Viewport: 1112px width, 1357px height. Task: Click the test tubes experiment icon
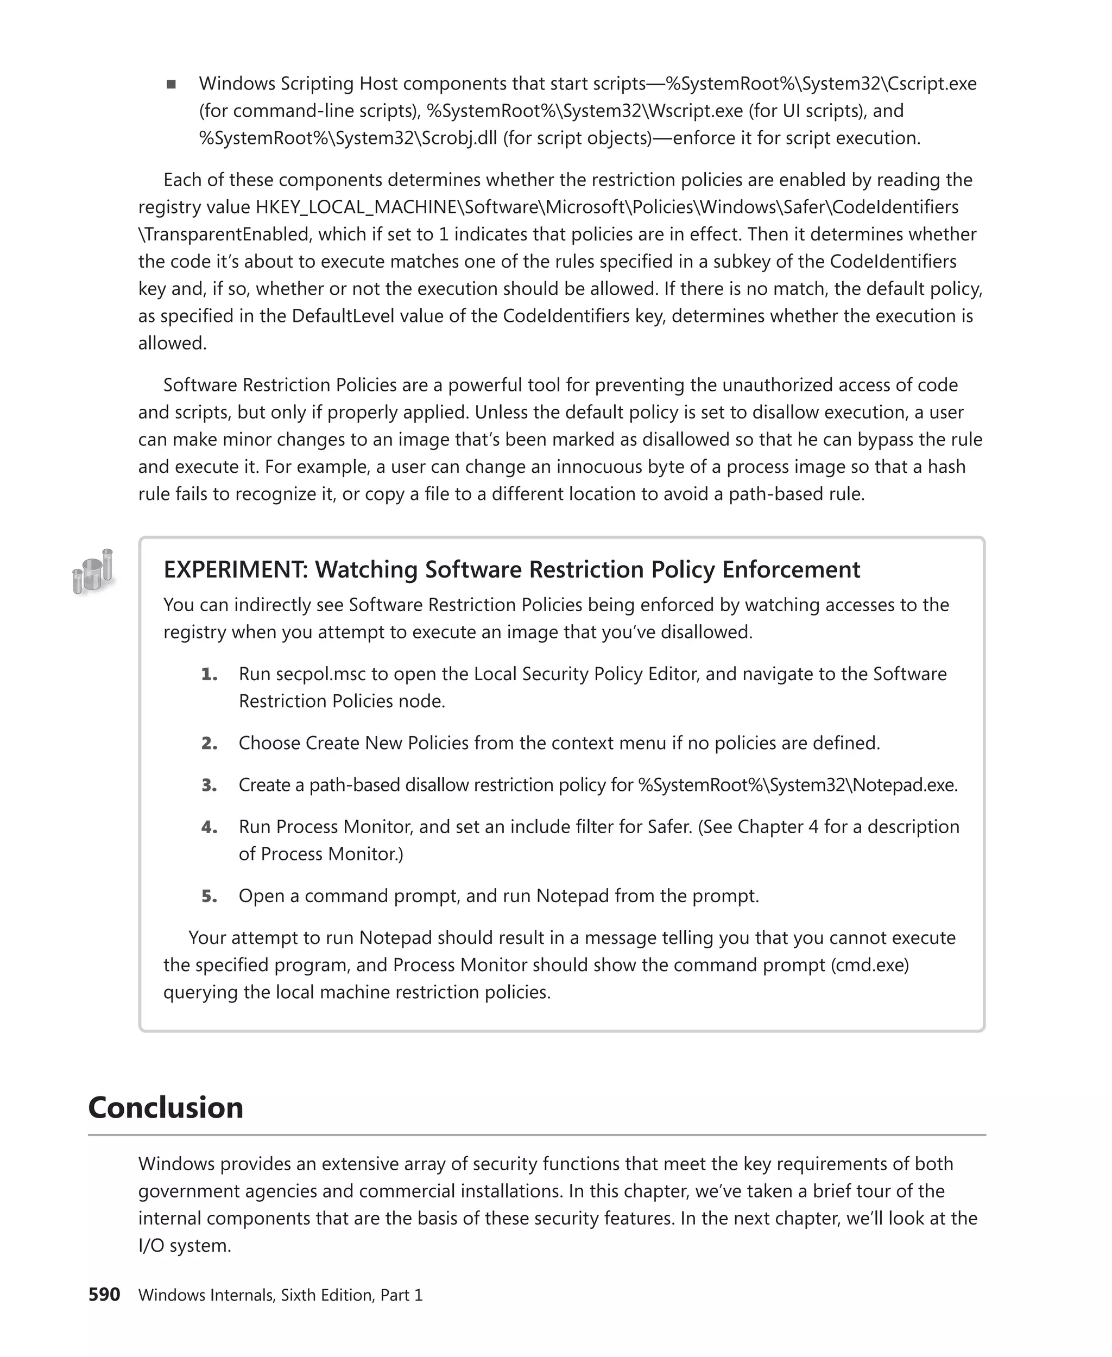93,570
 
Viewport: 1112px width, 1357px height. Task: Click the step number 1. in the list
209,674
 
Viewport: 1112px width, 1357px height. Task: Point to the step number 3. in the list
209,785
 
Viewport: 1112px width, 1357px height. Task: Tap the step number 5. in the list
209,896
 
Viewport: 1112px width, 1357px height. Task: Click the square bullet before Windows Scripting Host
171,84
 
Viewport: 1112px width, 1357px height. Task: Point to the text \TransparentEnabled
224,234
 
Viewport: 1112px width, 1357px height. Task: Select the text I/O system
185,1246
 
